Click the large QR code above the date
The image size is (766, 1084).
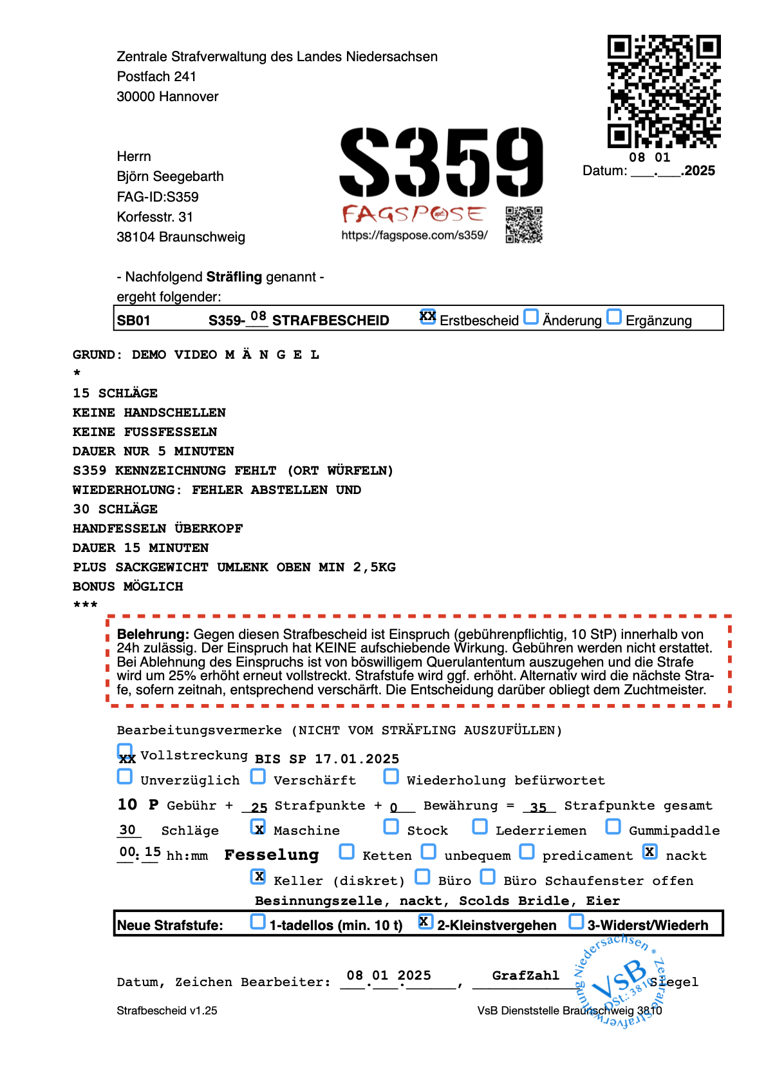(664, 91)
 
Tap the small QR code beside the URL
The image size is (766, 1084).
(524, 224)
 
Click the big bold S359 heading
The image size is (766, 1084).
(442, 162)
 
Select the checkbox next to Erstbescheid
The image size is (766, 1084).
(427, 316)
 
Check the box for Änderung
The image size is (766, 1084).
(531, 317)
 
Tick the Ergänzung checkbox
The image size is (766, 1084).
(615, 317)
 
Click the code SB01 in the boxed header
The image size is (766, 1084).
(134, 321)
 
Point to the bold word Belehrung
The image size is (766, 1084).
(153, 634)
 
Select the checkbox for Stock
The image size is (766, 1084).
(391, 826)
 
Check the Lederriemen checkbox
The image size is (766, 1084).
(480, 826)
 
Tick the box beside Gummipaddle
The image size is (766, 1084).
(613, 826)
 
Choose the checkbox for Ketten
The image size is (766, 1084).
(346, 851)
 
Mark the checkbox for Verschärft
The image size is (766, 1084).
(258, 776)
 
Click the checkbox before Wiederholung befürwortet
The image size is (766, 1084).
(391, 776)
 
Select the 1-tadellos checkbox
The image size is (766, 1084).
(257, 922)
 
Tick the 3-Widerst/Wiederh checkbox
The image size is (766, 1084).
(576, 922)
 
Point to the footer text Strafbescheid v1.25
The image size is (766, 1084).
(167, 1011)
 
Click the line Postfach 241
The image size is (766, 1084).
(156, 77)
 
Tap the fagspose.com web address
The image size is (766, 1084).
(415, 235)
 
